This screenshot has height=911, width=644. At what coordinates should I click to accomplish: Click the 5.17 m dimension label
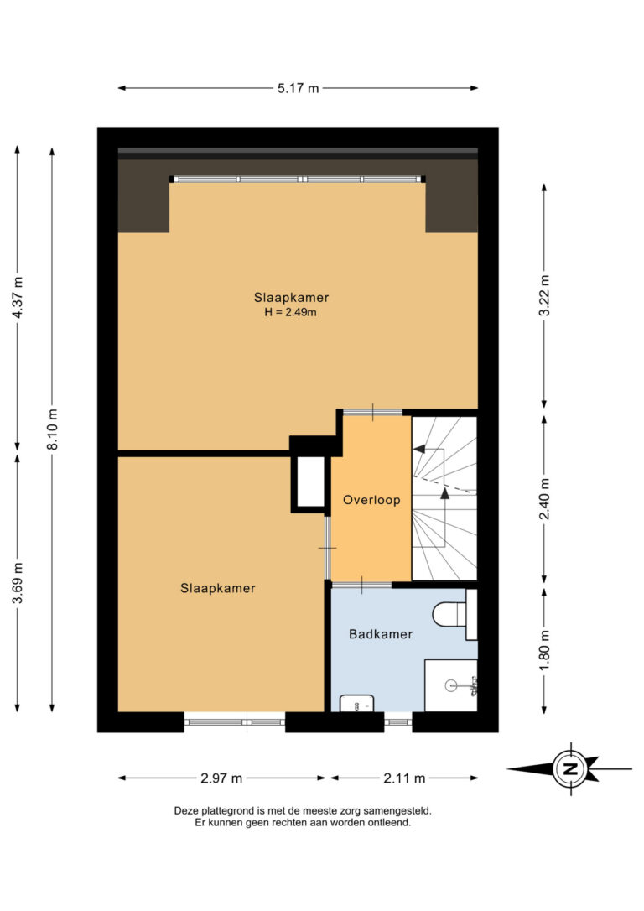(x=298, y=88)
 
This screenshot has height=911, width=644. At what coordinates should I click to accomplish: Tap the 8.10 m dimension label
(x=53, y=429)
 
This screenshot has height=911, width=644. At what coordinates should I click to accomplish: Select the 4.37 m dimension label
(x=18, y=297)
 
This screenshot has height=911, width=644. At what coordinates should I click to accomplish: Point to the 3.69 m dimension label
(x=18, y=582)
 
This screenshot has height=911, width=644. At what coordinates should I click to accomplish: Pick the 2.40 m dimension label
(x=545, y=499)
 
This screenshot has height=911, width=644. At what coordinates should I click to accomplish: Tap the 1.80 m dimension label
(x=545, y=650)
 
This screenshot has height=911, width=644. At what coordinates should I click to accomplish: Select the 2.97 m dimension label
(x=221, y=778)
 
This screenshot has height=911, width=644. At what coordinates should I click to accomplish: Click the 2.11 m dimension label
(x=404, y=778)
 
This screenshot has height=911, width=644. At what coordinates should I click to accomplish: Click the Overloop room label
(x=371, y=500)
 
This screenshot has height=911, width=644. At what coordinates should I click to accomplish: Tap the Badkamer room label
(x=381, y=634)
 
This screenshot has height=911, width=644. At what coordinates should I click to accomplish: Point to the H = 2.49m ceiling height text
(x=291, y=312)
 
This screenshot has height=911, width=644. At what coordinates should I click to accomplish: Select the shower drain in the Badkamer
(x=451, y=685)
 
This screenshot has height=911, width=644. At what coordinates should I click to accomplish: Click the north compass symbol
(x=569, y=768)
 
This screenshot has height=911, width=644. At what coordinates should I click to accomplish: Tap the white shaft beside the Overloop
(x=311, y=482)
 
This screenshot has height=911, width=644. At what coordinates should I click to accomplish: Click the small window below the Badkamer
(x=397, y=722)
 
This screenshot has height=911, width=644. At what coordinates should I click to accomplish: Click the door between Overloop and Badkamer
(x=361, y=585)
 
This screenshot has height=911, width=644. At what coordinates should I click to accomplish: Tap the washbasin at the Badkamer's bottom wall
(x=356, y=703)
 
